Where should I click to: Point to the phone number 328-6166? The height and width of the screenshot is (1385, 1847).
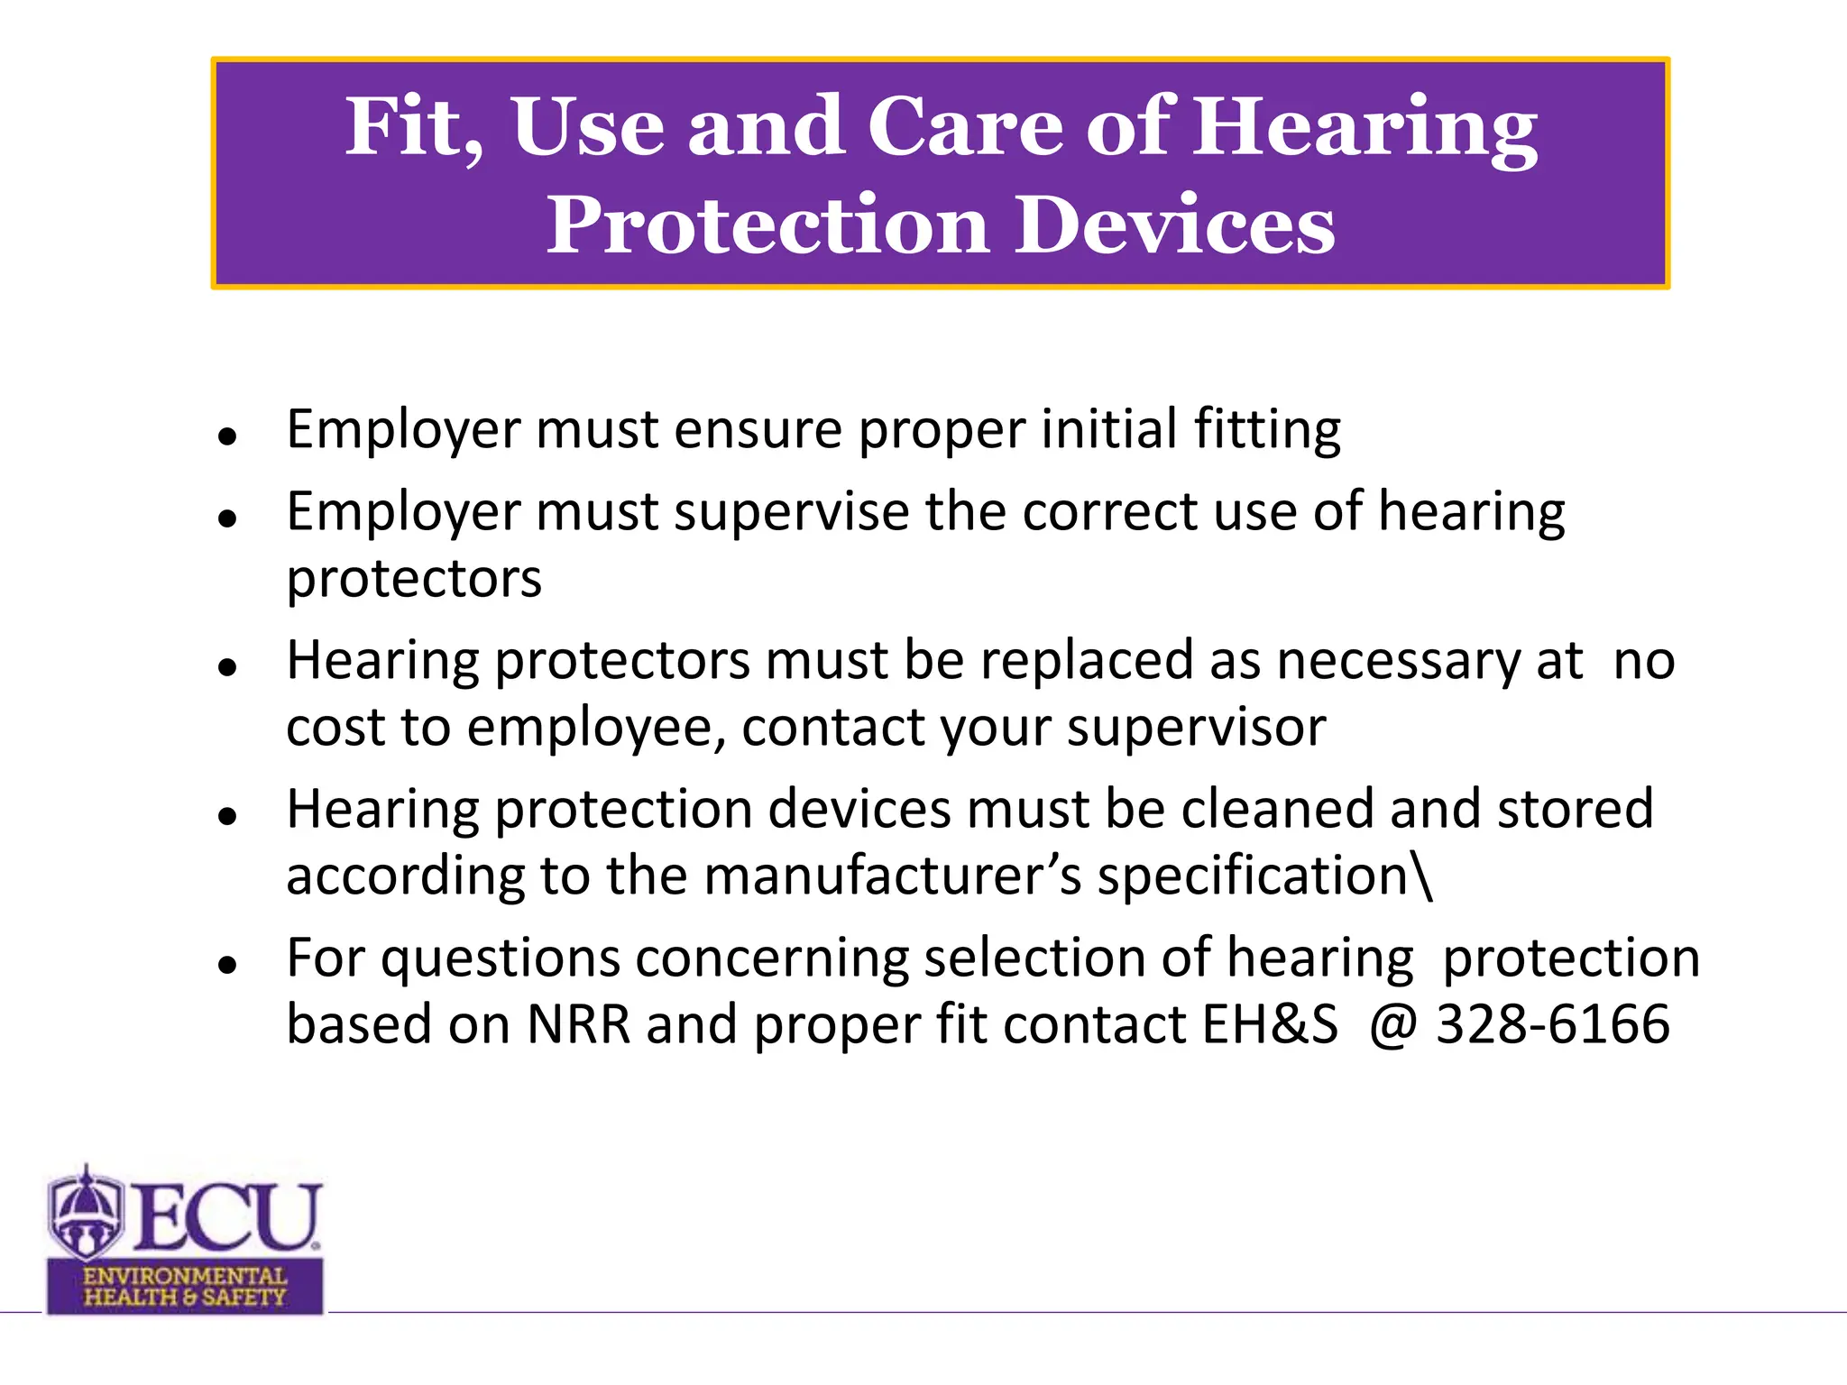coord(1552,1024)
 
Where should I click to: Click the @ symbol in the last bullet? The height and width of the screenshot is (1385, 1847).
coord(1393,1024)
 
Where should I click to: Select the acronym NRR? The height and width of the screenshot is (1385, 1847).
coord(578,1024)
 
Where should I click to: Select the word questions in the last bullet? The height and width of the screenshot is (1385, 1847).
coord(500,958)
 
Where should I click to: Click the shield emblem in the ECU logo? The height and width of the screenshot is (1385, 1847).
coord(86,1214)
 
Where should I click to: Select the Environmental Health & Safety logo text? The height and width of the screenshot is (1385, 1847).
coord(185,1287)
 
